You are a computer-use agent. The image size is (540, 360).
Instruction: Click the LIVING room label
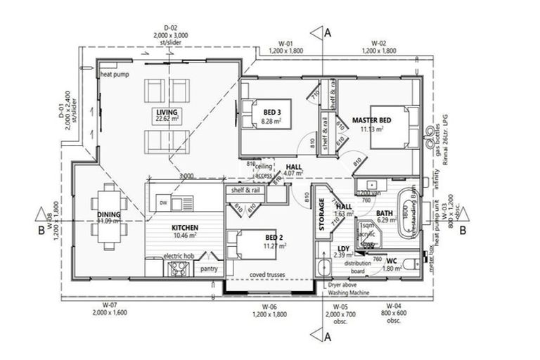coord(166,112)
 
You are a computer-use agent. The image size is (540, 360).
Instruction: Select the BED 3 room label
coord(273,112)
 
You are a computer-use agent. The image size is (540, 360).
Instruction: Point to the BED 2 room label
coord(271,237)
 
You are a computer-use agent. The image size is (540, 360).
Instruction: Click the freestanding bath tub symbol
coord(407,210)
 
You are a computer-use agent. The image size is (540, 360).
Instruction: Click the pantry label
coord(208,269)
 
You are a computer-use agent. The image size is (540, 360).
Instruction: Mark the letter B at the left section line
coord(42,229)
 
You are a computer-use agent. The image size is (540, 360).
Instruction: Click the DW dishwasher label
coord(163,202)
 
